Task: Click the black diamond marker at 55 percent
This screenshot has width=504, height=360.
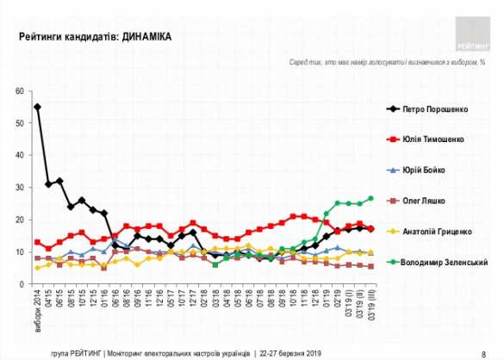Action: (x=37, y=108)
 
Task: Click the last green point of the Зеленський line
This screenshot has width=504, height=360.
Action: (x=370, y=199)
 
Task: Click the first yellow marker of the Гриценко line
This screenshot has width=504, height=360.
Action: (x=37, y=268)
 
